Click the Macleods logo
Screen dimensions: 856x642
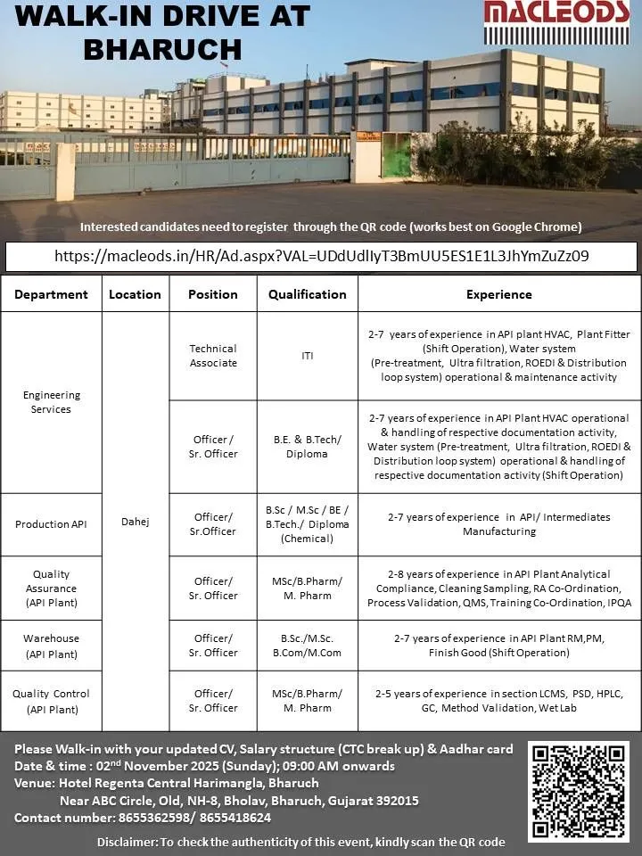click(x=555, y=21)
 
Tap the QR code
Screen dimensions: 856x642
click(x=578, y=791)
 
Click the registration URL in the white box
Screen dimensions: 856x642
click(x=321, y=256)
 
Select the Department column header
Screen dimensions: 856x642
click(x=52, y=293)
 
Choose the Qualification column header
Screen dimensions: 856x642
click(x=308, y=293)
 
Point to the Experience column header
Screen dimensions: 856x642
click(x=499, y=293)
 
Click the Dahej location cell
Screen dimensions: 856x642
click(x=136, y=522)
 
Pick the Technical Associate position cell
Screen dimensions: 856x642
click(x=213, y=356)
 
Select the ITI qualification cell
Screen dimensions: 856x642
click(x=308, y=356)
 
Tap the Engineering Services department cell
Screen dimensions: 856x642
click(x=52, y=402)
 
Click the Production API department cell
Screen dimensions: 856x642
click(x=52, y=524)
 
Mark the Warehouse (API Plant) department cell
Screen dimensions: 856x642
click(x=52, y=646)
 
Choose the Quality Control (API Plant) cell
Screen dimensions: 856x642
click(x=52, y=701)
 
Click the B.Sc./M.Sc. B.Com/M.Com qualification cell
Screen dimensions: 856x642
click(x=308, y=646)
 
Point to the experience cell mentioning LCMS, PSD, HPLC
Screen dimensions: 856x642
click(x=499, y=701)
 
